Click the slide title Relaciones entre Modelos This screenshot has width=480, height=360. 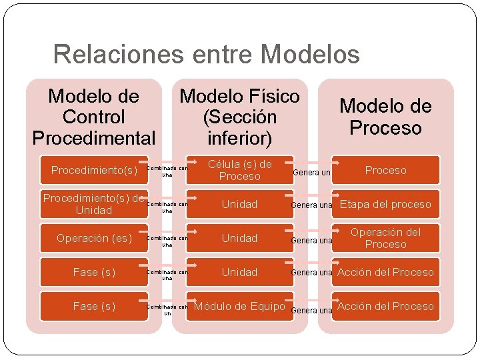point(206,54)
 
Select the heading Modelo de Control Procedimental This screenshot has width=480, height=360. point(94,117)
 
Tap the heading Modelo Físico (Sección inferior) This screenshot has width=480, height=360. point(240,117)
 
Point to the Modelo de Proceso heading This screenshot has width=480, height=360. point(385,117)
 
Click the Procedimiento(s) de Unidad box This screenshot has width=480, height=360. point(94,204)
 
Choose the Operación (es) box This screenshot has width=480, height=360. point(94,238)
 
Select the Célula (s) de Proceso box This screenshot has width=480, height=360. point(239,170)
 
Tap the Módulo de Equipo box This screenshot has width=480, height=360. point(239,306)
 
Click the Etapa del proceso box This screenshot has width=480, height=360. point(385,204)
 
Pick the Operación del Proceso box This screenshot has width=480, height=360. point(385,238)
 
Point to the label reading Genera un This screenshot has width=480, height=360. point(311,173)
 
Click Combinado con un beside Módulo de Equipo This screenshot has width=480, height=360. point(167,309)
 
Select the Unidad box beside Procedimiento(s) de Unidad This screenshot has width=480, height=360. point(239,204)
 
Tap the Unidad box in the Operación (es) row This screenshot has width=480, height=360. point(239,238)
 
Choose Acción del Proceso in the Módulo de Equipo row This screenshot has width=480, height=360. point(385,306)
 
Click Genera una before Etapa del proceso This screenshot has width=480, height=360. point(311,205)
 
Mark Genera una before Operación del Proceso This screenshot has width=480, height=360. point(311,241)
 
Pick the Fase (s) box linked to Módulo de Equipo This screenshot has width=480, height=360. point(94,306)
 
